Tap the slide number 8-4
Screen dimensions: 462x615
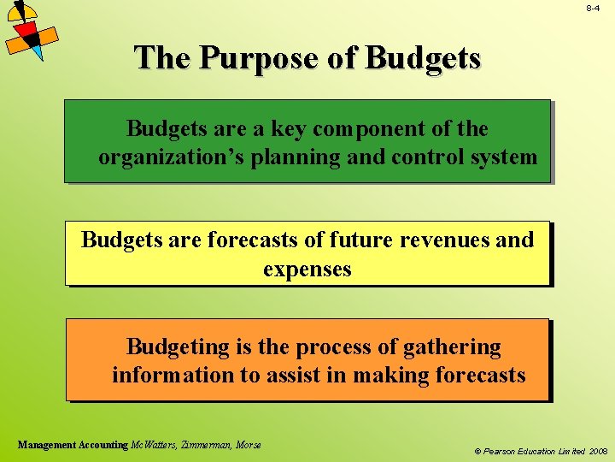pyautogui.click(x=593, y=8)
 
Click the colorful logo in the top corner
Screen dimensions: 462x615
pyautogui.click(x=29, y=31)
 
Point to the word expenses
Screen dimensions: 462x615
pyautogui.click(x=307, y=269)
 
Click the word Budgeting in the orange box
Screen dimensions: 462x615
pyautogui.click(x=179, y=347)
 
